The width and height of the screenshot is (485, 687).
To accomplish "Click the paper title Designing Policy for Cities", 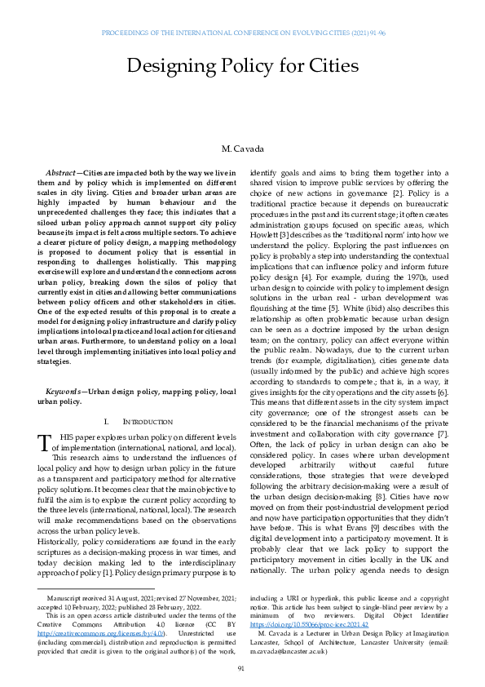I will [x=242, y=65].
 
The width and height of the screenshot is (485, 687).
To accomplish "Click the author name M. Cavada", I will [x=242, y=150].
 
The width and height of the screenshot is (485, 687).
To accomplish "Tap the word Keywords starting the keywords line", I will [x=63, y=391].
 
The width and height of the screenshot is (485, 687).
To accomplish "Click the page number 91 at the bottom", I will [x=242, y=668].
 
